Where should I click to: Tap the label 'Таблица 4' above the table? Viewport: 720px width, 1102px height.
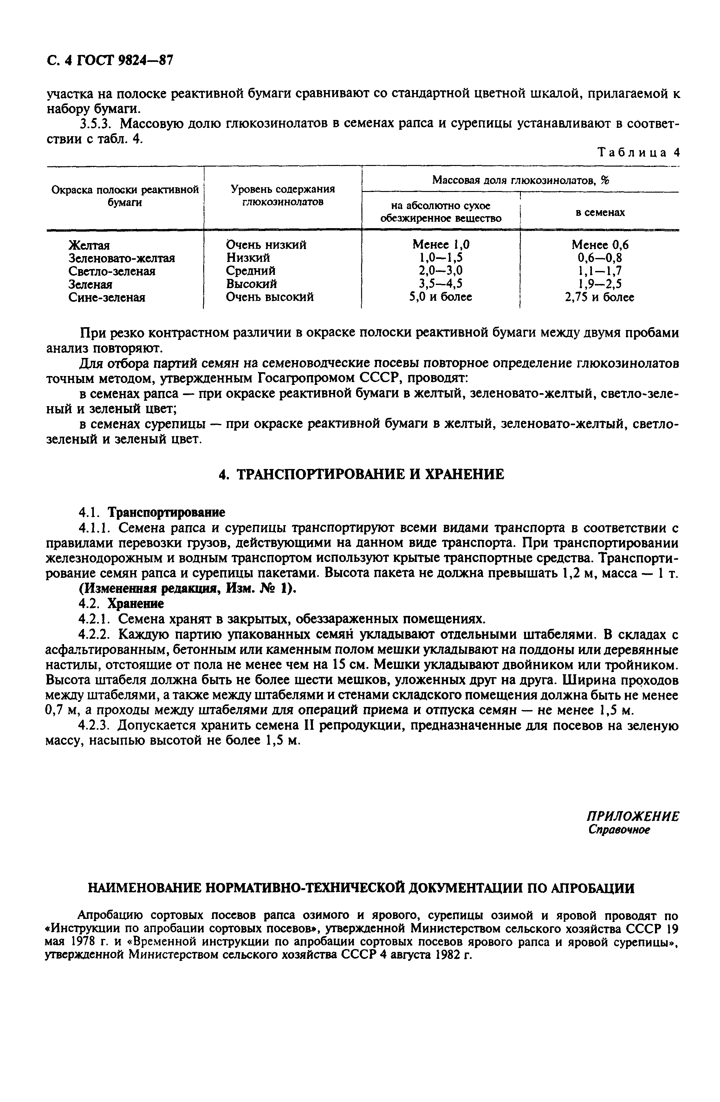tap(639, 153)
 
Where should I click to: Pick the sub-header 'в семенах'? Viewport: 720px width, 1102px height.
tap(600, 213)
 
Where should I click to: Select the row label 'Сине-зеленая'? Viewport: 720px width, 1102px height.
tap(107, 298)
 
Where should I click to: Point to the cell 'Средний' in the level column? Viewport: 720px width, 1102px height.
tap(250, 271)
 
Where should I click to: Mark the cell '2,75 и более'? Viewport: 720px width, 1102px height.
tap(600, 297)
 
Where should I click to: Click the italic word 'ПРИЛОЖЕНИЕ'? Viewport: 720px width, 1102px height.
tap(632, 816)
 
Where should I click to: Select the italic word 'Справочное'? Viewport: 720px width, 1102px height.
tap(619, 830)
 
